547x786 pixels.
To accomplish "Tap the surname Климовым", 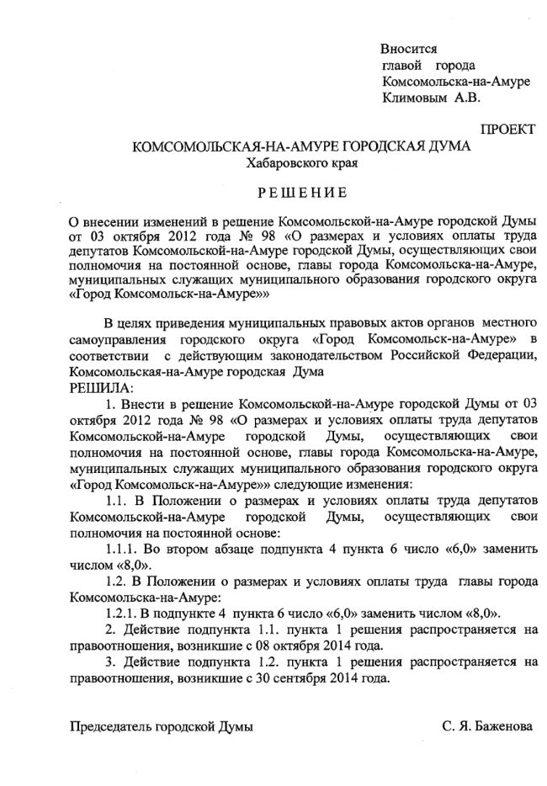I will tap(415, 98).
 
